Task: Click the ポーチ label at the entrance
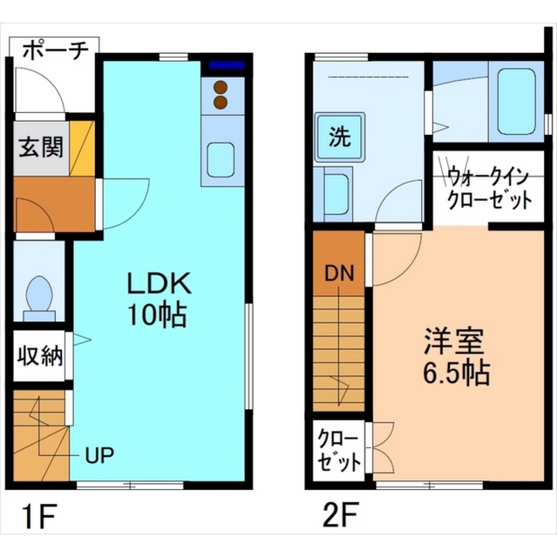pyautogui.click(x=56, y=51)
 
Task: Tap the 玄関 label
pyautogui.click(x=41, y=147)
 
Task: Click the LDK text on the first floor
pyautogui.click(x=160, y=283)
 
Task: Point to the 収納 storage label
pyautogui.click(x=40, y=356)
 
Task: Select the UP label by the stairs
pyautogui.click(x=99, y=454)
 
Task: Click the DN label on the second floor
pyautogui.click(x=339, y=274)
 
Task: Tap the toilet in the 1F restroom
pyautogui.click(x=38, y=298)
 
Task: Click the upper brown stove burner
pyautogui.click(x=221, y=87)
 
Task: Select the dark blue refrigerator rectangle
pyautogui.click(x=227, y=65)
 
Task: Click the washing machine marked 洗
pyautogui.click(x=339, y=138)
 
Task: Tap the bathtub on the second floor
pyautogui.click(x=516, y=102)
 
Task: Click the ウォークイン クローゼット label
pyautogui.click(x=489, y=189)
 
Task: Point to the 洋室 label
pyautogui.click(x=454, y=342)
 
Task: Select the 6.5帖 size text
pyautogui.click(x=456, y=373)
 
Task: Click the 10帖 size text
pyautogui.click(x=158, y=315)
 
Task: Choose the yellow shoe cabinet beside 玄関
pyautogui.click(x=82, y=149)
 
